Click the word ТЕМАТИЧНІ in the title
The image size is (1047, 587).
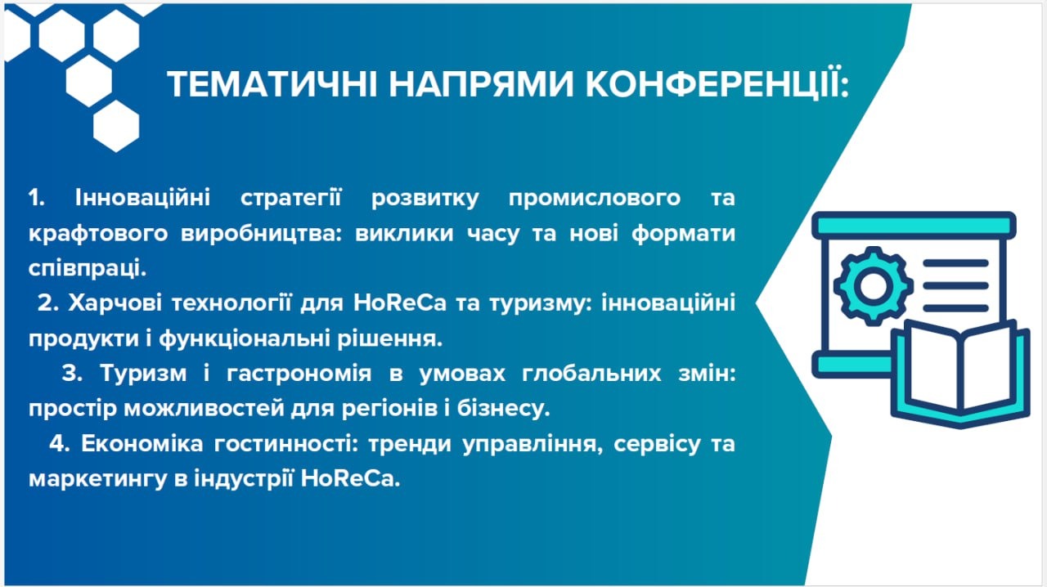pyautogui.click(x=272, y=84)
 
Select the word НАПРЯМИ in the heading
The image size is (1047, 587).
pyautogui.click(x=481, y=84)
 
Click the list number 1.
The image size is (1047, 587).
pyautogui.click(x=36, y=198)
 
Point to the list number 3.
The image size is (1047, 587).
pyautogui.click(x=72, y=374)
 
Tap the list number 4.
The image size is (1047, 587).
pyautogui.click(x=60, y=444)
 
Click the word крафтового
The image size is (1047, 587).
pyautogui.click(x=98, y=234)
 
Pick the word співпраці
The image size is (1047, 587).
pyautogui.click(x=88, y=269)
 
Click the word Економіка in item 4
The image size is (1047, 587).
pyautogui.click(x=142, y=444)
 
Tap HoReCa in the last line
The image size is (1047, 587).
pyautogui.click(x=351, y=479)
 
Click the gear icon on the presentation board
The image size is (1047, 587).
pyautogui.click(x=873, y=285)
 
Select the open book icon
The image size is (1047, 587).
pyautogui.click(x=960, y=374)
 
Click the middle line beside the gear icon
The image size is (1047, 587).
pyautogui.click(x=956, y=285)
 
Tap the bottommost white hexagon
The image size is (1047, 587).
pyautogui.click(x=116, y=126)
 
